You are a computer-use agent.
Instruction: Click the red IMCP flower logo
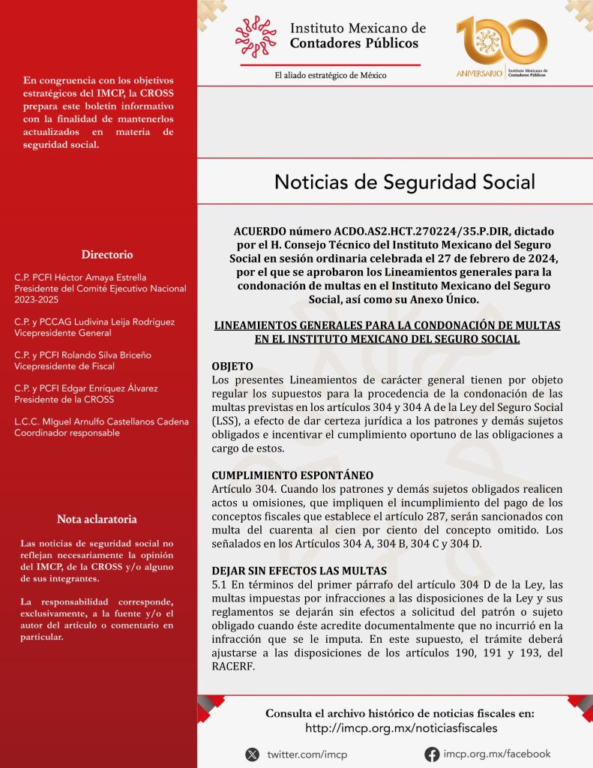coord(256,37)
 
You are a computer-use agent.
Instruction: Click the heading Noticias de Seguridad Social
coord(405,182)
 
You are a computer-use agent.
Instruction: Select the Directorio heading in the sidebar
coord(107,254)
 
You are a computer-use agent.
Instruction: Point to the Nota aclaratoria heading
coord(97,519)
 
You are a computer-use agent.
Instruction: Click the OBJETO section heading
coord(232,366)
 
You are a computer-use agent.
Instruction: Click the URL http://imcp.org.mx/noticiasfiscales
coord(400,728)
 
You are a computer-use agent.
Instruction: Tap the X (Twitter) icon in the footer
coord(253,754)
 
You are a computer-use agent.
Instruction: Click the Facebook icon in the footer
coord(432,754)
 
